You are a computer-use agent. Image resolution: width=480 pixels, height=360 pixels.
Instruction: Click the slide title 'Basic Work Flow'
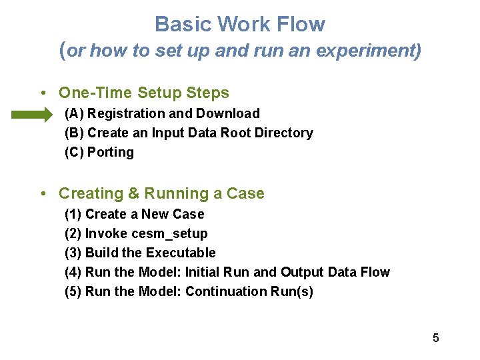click(240, 25)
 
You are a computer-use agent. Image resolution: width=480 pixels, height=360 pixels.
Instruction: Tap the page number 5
click(435, 338)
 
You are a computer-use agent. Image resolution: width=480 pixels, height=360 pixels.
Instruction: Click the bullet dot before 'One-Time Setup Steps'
click(42, 93)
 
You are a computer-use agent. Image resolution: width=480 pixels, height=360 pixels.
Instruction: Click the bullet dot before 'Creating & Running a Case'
click(42, 194)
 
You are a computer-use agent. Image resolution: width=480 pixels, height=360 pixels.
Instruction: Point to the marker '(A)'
click(74, 114)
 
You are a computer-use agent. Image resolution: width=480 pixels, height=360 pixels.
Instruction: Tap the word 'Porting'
click(111, 153)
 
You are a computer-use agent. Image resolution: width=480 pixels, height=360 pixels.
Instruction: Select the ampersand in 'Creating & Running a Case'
click(133, 194)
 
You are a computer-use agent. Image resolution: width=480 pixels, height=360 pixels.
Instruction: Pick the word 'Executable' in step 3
click(181, 253)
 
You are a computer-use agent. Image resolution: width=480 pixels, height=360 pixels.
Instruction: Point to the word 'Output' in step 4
click(302, 273)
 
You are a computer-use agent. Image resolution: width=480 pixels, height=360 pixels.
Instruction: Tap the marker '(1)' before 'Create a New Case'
click(73, 215)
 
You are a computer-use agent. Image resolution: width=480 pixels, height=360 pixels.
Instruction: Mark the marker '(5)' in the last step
click(73, 292)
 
